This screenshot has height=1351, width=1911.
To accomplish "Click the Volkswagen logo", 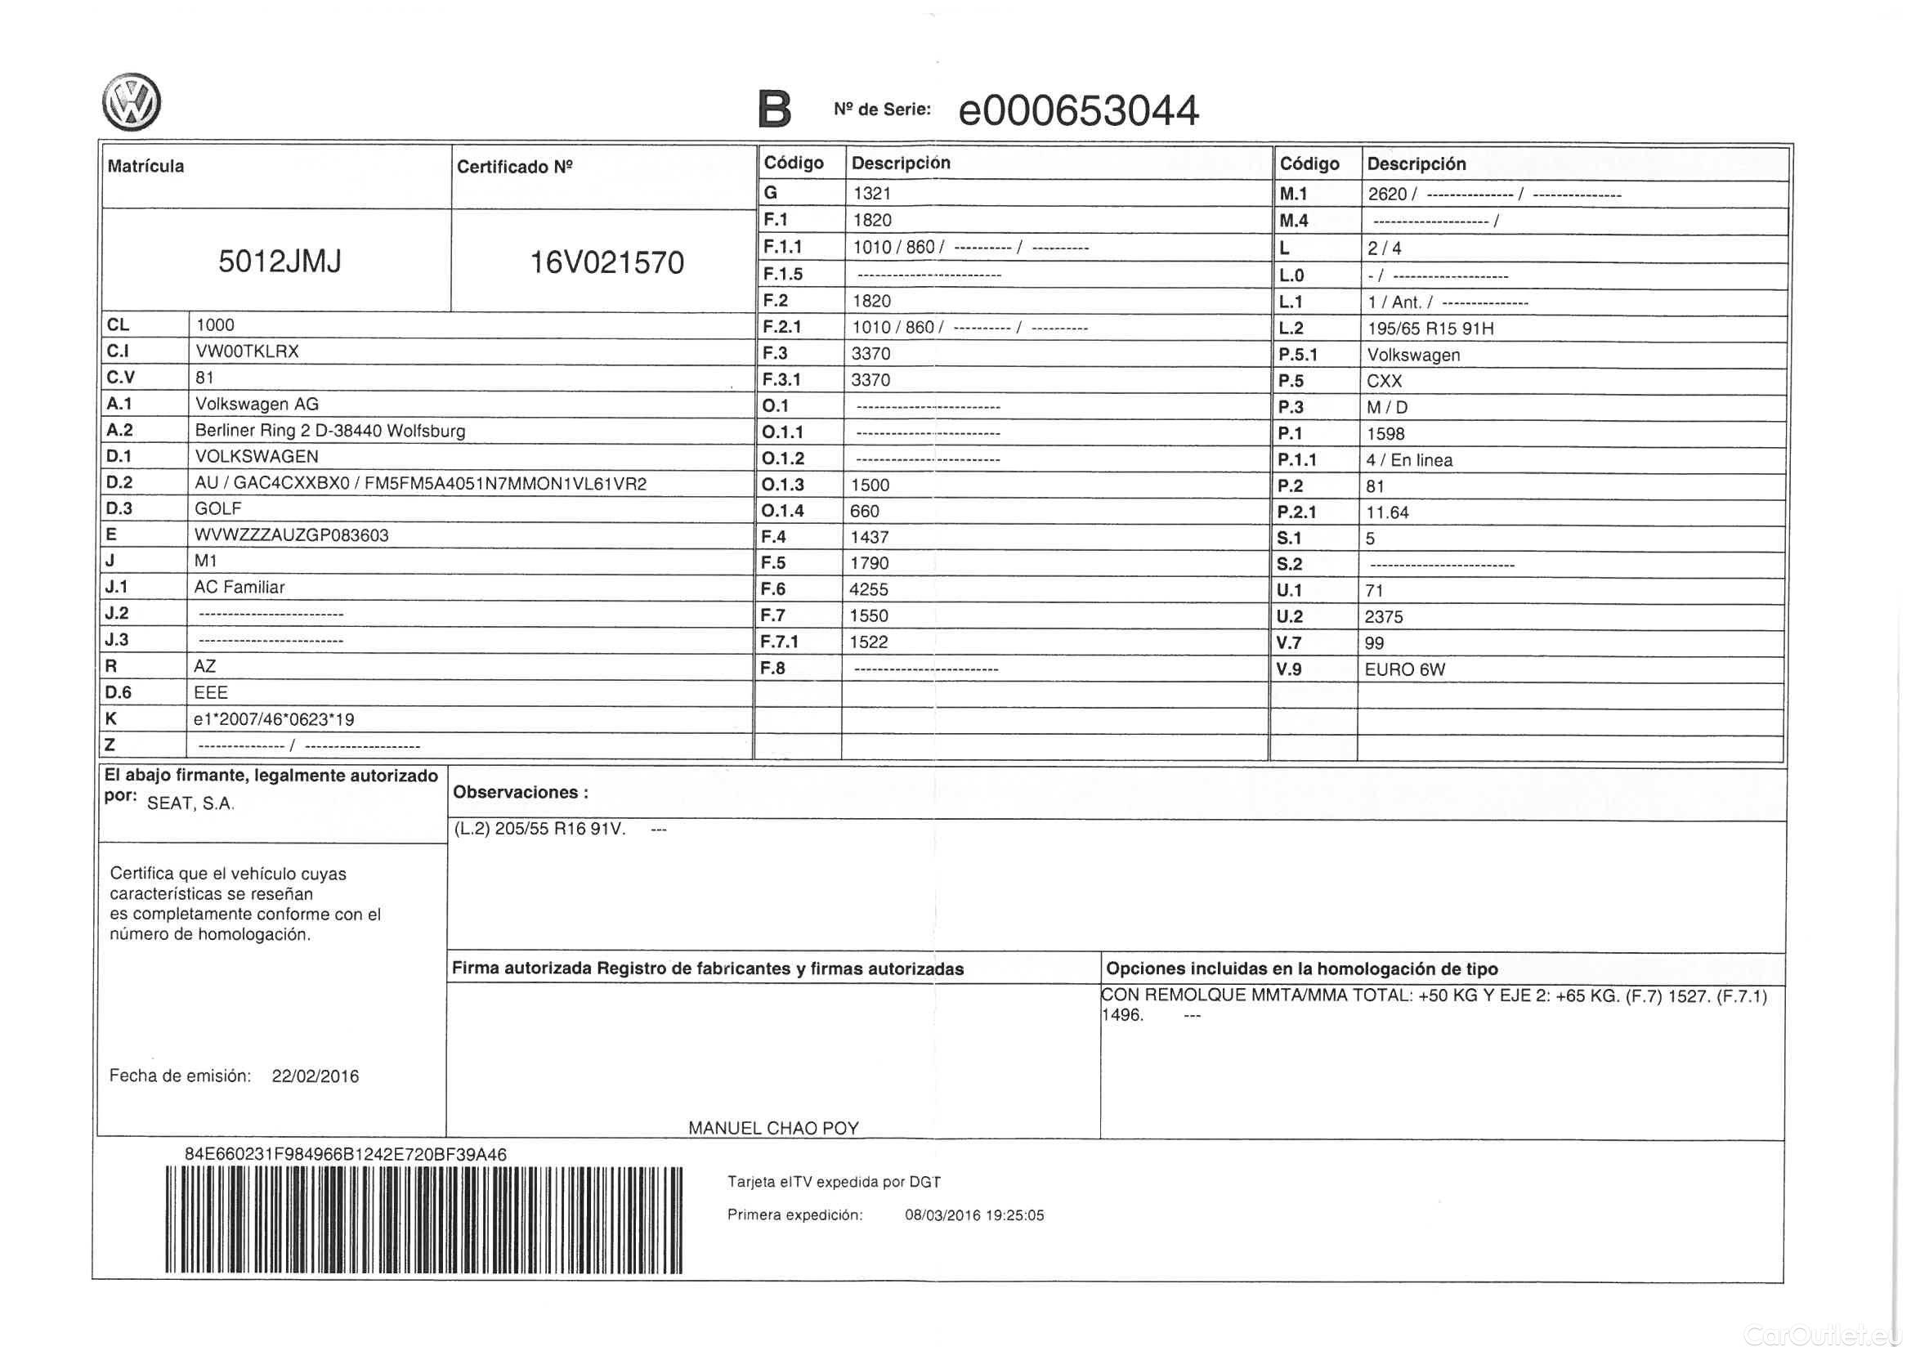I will tap(132, 102).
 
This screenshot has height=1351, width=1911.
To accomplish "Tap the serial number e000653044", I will tap(1078, 110).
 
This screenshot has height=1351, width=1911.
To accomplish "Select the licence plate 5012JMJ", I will tap(280, 262).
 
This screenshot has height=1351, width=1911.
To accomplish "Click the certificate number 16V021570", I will tap(606, 262).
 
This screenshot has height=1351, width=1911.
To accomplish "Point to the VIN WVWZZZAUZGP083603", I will tap(291, 535).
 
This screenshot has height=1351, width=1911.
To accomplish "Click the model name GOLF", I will tap(218, 508).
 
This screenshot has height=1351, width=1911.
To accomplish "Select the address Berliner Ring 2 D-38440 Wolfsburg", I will tap(329, 432).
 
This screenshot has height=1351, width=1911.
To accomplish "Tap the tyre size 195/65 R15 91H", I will tap(1430, 329).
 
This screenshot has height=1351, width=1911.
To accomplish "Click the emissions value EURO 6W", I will tap(1404, 670).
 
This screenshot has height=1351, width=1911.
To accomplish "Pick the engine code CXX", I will tap(1384, 381).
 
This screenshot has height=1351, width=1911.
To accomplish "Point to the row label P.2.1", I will tap(1296, 512).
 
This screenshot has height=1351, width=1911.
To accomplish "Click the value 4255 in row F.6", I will tap(868, 589).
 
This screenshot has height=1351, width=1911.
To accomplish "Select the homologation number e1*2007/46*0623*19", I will tap(274, 719).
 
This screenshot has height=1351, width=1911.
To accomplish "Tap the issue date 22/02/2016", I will tap(316, 1076).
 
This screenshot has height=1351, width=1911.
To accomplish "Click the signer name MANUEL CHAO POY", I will tap(773, 1128).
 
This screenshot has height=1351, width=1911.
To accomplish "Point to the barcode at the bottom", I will tap(423, 1219).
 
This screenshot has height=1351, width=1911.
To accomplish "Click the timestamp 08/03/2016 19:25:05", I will tap(973, 1215).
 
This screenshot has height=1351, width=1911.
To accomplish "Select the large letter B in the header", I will tap(774, 109).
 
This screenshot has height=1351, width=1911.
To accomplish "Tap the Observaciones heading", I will tap(520, 793).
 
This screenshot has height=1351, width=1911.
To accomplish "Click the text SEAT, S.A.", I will tap(190, 803).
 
